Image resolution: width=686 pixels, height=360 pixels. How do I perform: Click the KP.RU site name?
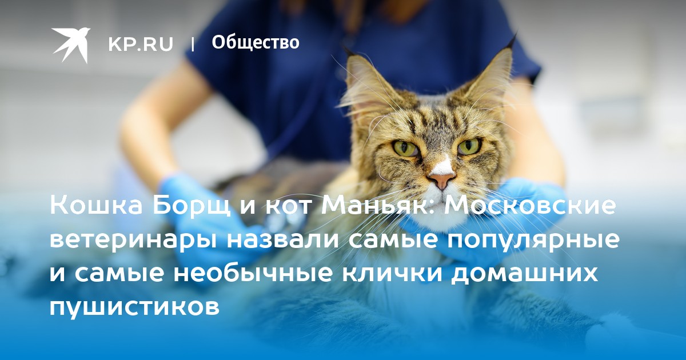click(x=141, y=45)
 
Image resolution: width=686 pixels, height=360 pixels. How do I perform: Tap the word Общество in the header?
click(x=256, y=42)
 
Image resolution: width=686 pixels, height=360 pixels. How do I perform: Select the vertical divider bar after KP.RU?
click(x=193, y=44)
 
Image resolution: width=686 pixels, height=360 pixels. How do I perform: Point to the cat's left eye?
click(x=406, y=149)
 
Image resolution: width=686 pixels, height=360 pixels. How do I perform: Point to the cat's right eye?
click(x=469, y=147)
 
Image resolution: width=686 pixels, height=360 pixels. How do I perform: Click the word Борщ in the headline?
click(x=192, y=206)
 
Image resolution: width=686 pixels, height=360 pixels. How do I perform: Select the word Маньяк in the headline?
click(x=374, y=206)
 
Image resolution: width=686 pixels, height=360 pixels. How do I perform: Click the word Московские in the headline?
click(x=530, y=206)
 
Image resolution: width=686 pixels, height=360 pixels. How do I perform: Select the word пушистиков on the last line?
click(x=135, y=307)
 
